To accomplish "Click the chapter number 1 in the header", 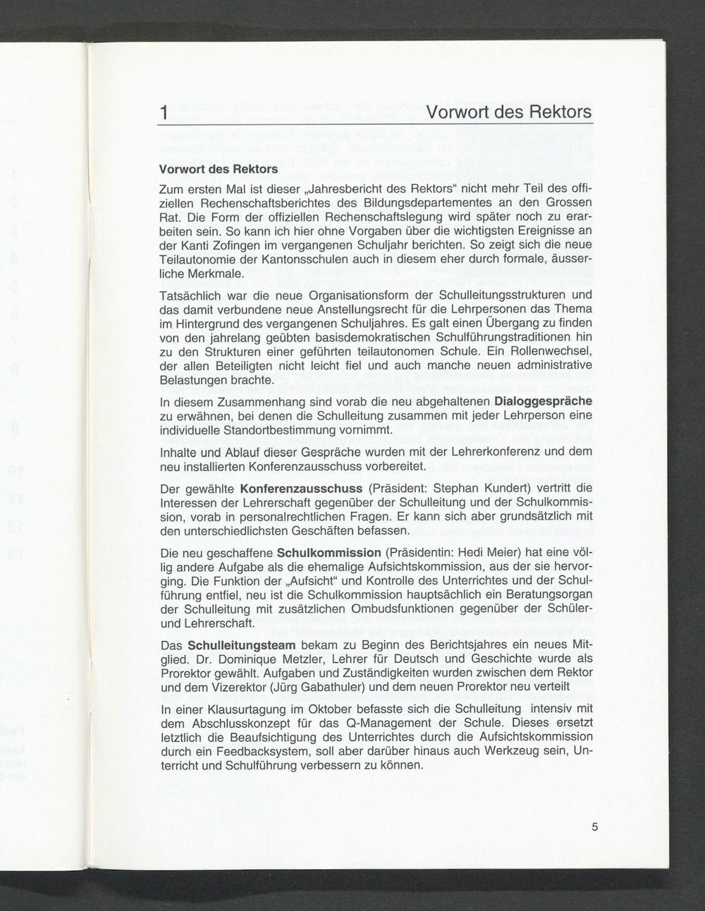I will tap(164, 113).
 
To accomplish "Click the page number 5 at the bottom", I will tap(595, 827).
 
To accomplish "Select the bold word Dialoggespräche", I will tap(544, 401).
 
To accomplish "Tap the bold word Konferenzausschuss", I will tap(301, 489).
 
